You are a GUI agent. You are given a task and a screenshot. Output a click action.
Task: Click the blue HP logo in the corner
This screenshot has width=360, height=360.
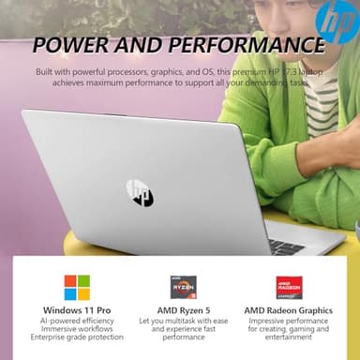[x=336, y=21]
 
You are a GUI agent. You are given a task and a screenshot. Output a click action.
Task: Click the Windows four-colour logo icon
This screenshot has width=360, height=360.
[x=77, y=287]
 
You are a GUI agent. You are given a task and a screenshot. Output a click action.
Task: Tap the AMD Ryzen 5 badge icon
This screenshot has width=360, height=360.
[x=183, y=287]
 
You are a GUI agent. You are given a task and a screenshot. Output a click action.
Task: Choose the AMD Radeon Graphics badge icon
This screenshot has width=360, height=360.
[x=288, y=287]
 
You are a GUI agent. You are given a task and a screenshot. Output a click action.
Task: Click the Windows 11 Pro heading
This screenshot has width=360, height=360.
[x=77, y=310]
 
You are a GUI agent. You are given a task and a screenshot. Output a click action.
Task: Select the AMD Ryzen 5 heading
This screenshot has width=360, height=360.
[x=183, y=310]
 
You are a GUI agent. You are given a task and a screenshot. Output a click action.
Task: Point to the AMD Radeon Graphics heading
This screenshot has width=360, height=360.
[x=288, y=310]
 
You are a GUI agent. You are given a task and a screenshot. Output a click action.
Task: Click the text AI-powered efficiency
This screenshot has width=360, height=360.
[x=77, y=321]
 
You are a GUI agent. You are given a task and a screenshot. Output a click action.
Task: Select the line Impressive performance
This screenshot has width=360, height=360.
[x=288, y=321]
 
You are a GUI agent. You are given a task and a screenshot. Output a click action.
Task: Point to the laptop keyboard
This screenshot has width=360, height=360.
[x=286, y=246]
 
